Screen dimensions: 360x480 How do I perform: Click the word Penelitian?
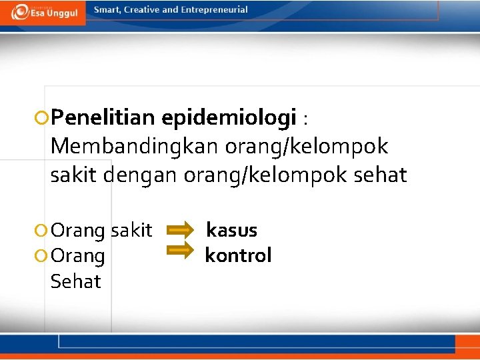[x=102, y=118]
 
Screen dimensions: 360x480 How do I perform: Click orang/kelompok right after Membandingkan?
[x=307, y=145]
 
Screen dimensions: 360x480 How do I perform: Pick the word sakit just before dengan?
[x=71, y=175]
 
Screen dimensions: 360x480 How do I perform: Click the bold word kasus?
[x=231, y=230]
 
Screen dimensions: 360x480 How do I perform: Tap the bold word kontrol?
[x=238, y=255]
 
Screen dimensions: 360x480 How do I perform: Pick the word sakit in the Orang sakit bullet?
[x=131, y=230]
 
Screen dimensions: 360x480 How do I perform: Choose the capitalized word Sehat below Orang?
[x=75, y=281]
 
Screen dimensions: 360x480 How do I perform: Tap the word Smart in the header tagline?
[x=108, y=10]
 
